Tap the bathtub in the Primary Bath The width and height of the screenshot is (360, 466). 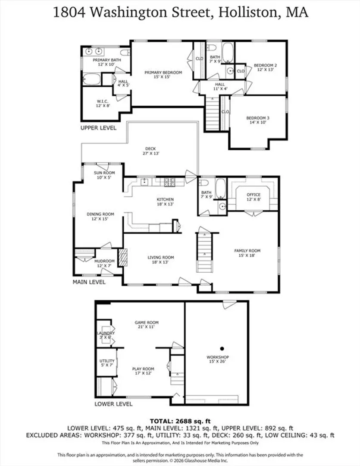click(x=91, y=79)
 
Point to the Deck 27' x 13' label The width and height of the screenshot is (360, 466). click(x=150, y=151)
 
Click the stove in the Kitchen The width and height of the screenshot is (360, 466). click(x=169, y=182)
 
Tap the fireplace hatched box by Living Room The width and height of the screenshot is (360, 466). click(x=123, y=257)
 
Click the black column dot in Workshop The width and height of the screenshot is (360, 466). click(x=222, y=349)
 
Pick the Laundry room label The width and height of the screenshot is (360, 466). click(x=106, y=333)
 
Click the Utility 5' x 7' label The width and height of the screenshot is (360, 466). click(x=107, y=363)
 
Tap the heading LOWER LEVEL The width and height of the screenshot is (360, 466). click(x=113, y=404)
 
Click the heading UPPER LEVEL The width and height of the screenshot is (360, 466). click(x=98, y=128)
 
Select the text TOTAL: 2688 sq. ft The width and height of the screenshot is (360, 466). click(x=180, y=421)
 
